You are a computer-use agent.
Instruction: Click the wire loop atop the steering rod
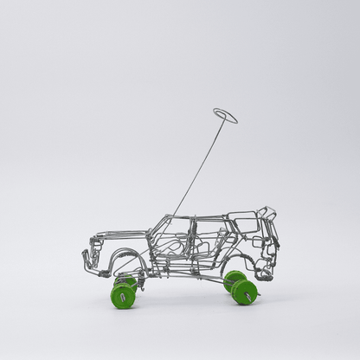pos(225,115)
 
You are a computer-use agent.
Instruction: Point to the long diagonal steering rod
pos(201,165)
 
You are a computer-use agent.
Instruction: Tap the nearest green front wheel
pos(123,297)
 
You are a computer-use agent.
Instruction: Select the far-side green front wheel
pos(127,281)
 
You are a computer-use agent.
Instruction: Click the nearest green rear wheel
pos(245,292)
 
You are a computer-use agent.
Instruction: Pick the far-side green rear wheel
pos(234,280)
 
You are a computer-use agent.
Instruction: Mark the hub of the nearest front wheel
pos(123,298)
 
